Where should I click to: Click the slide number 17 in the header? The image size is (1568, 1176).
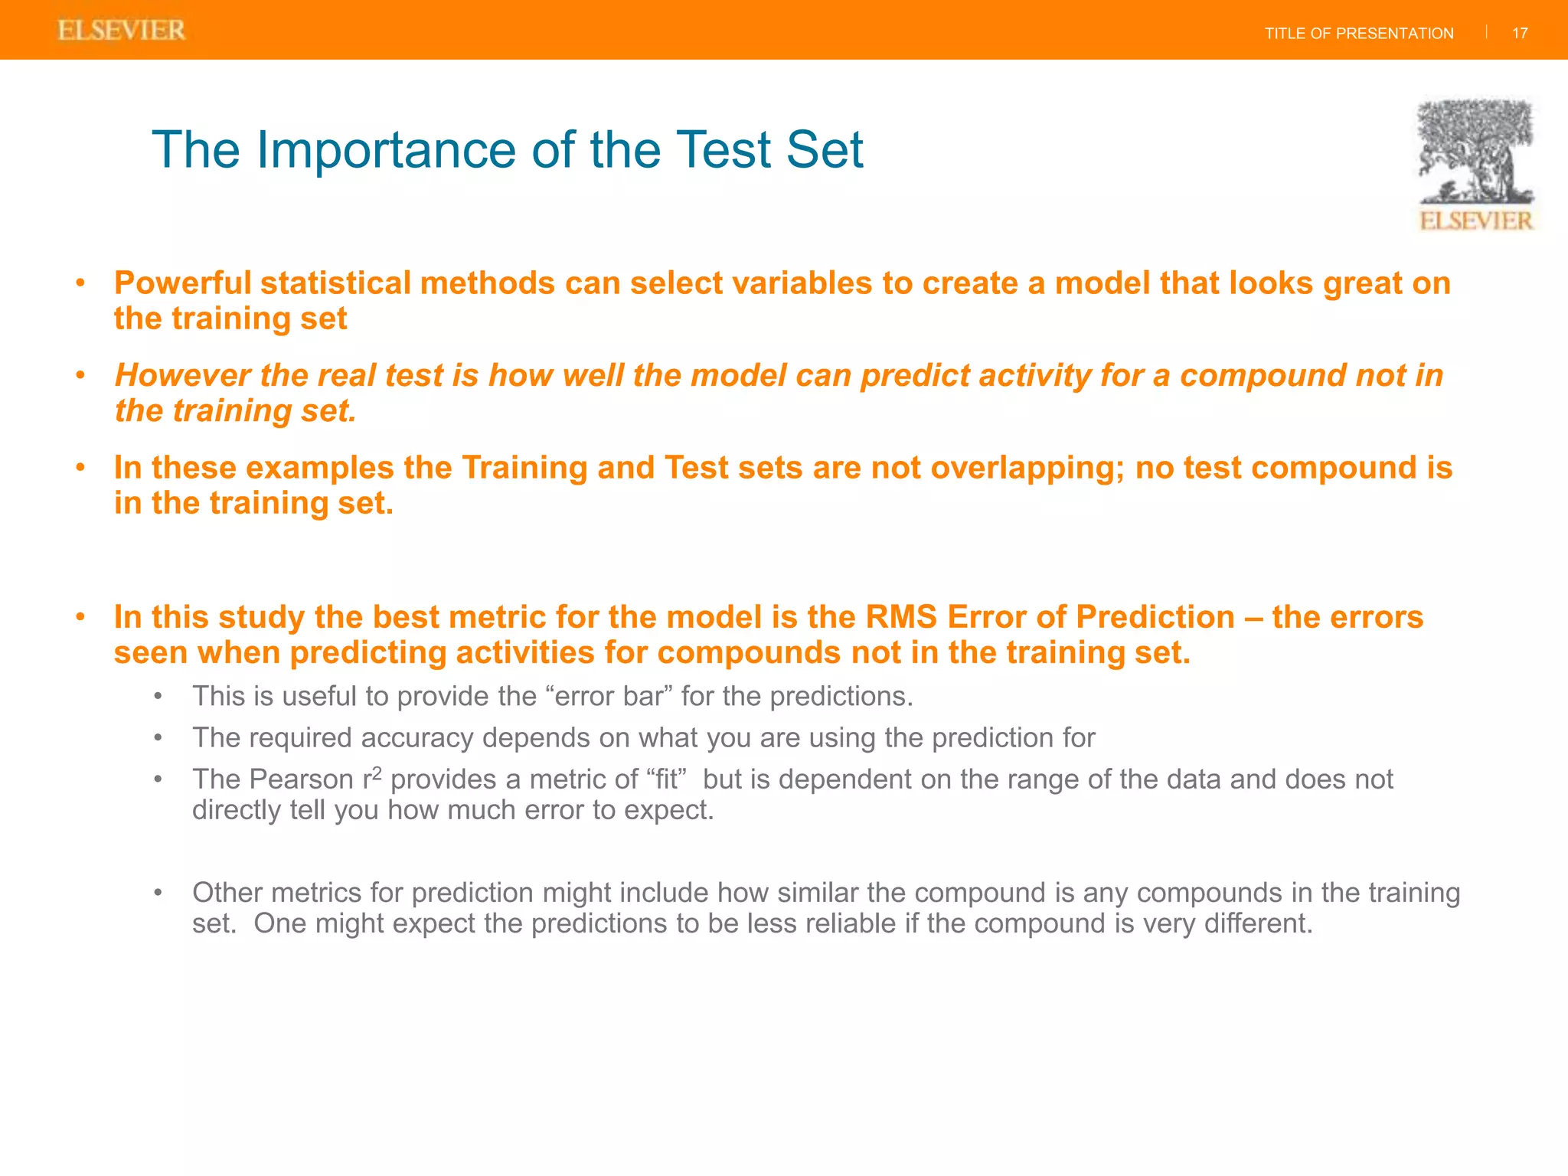[x=1520, y=34]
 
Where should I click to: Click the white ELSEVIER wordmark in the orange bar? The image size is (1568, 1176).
[x=122, y=31]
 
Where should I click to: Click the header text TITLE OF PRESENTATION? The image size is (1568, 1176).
[x=1358, y=34]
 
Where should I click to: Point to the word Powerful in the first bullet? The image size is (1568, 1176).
[x=182, y=283]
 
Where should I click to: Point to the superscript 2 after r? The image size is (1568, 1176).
[x=377, y=773]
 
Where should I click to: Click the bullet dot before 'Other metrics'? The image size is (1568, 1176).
[x=158, y=893]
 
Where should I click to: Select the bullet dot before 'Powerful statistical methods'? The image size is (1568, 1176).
[x=80, y=283]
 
